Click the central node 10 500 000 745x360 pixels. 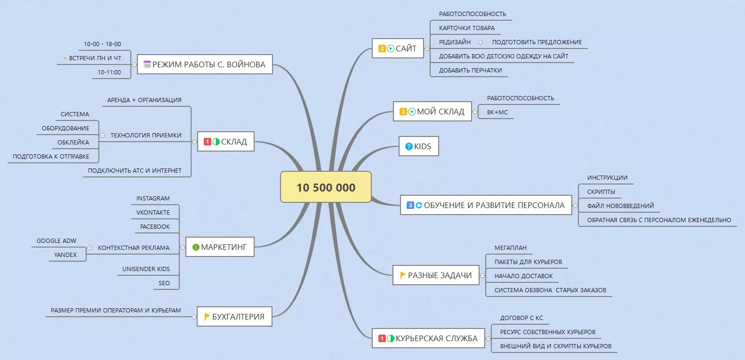pos(326,187)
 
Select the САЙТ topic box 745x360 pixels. pos(398,48)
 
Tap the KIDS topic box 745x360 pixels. pos(418,146)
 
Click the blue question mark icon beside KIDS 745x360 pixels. pos(409,146)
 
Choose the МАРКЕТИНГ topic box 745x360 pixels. pos(220,247)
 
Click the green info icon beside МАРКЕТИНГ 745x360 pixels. pos(196,247)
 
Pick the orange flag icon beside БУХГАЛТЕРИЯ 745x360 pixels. pos(207,317)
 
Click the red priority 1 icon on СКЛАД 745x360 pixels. pos(207,142)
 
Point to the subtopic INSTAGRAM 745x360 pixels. pos(153,199)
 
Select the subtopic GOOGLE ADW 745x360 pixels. pos(56,241)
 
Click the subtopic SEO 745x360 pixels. pos(164,283)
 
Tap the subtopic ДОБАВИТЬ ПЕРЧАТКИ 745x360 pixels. pos(470,71)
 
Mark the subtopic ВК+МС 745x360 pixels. pos(497,112)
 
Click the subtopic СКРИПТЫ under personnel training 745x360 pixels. pos(601,192)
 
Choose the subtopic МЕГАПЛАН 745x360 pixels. pos(510,248)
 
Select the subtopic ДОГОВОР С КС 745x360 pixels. pos(521,318)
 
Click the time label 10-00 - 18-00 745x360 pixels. pos(102,44)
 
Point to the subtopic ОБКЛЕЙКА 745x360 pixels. pos(73,143)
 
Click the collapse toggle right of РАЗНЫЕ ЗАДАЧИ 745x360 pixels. pos(483,275)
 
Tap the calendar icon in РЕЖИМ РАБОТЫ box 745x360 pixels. pos(147,64)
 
